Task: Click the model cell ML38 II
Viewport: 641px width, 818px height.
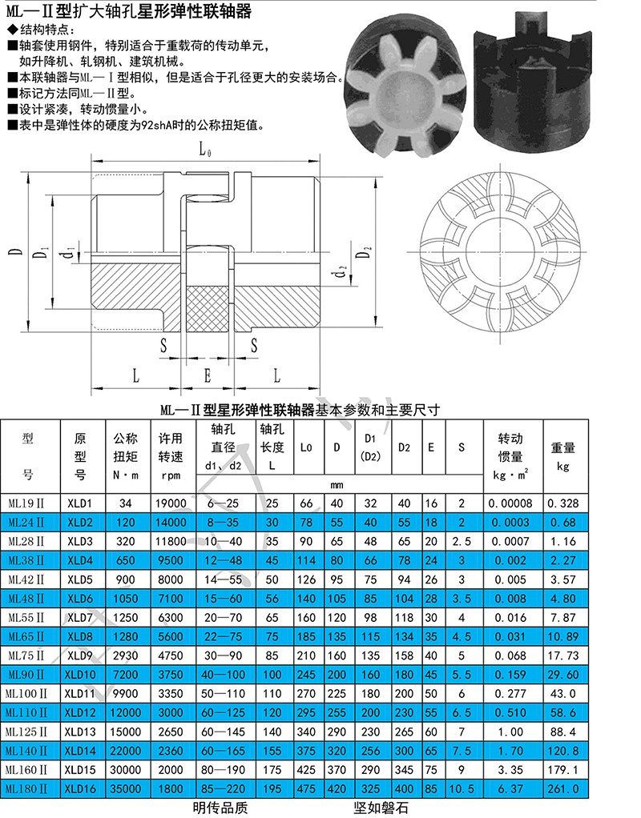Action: point(26,561)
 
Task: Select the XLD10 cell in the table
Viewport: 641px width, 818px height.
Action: point(80,675)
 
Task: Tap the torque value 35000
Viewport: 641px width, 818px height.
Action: point(125,789)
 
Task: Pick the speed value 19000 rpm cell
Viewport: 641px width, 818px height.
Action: point(171,503)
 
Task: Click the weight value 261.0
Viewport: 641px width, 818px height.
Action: point(563,789)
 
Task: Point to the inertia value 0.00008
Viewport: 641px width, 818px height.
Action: point(510,503)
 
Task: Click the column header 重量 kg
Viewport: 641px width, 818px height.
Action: point(563,456)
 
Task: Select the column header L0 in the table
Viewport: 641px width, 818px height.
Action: point(306,447)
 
